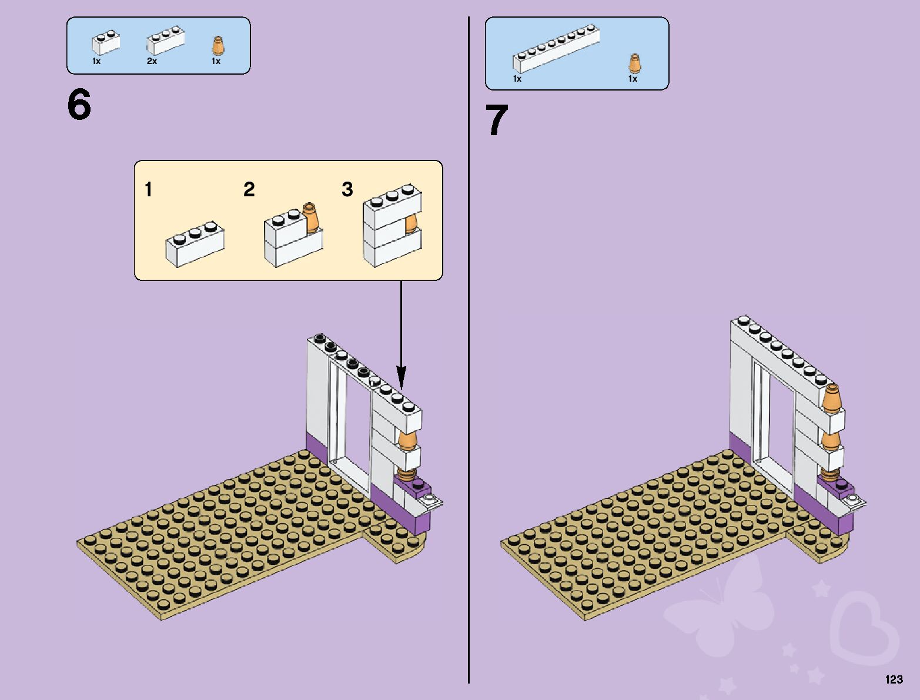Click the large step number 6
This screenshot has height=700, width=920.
(x=79, y=105)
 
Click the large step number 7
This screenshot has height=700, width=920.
(x=497, y=120)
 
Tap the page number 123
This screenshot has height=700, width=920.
(x=894, y=679)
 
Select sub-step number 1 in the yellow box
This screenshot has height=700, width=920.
(x=149, y=189)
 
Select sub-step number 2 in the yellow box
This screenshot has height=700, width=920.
(x=249, y=189)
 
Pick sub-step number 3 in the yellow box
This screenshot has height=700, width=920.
(x=347, y=189)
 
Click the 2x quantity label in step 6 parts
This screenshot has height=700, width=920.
(x=152, y=61)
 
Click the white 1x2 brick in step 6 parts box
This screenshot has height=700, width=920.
(x=106, y=43)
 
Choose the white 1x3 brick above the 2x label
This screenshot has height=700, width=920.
(x=165, y=41)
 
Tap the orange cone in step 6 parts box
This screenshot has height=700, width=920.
(x=218, y=45)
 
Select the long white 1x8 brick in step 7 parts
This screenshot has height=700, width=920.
(x=556, y=49)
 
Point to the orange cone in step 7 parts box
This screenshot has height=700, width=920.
(x=634, y=63)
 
